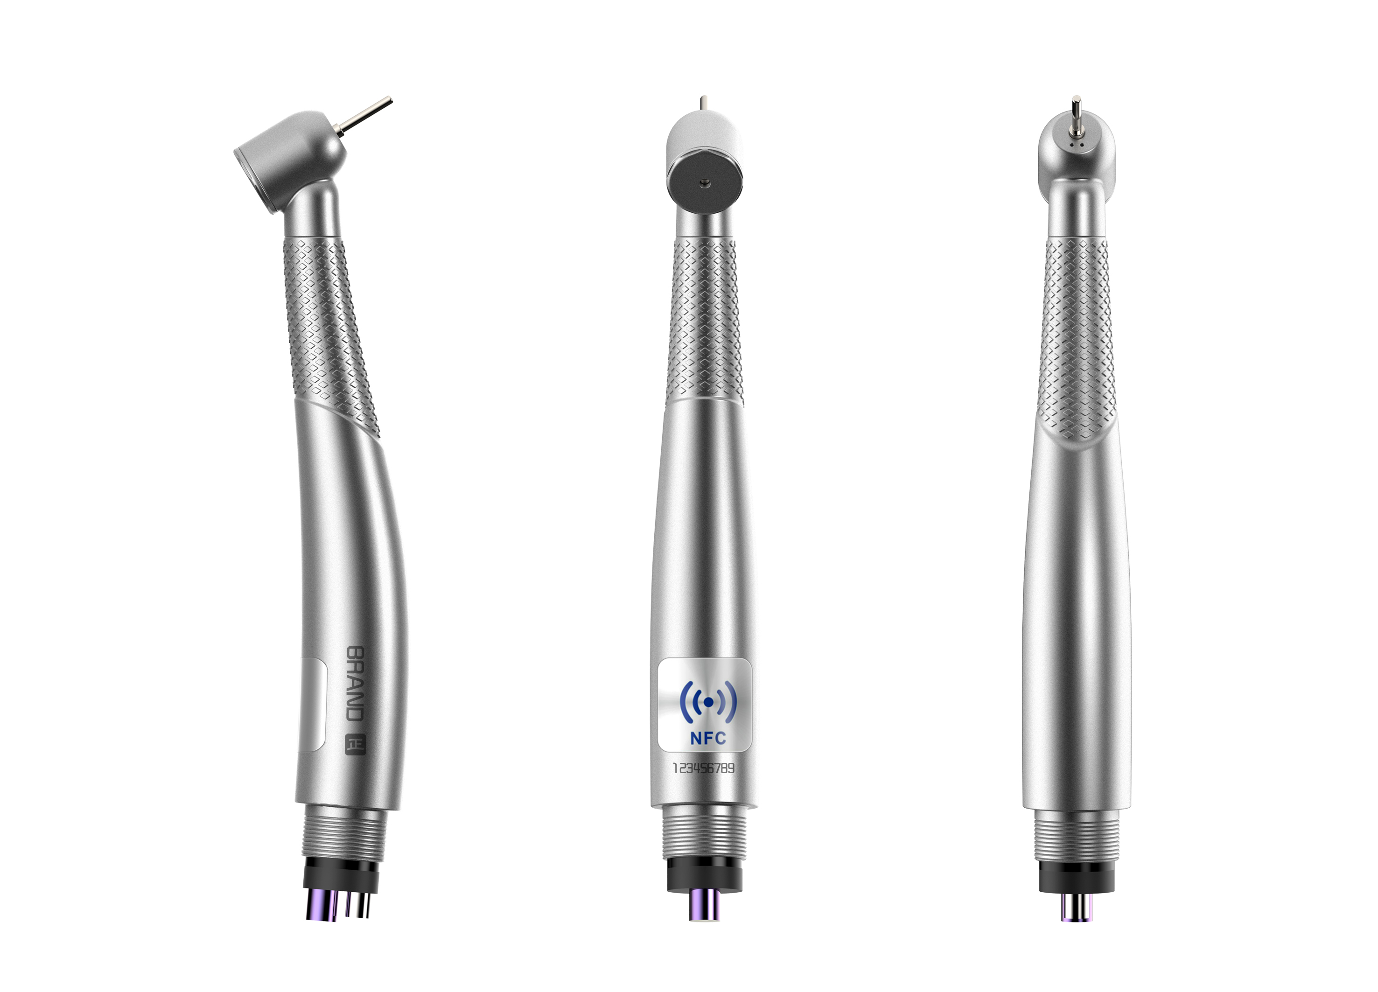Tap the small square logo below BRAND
point(356,745)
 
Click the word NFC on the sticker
point(708,738)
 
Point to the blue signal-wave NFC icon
point(708,702)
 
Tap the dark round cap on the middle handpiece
point(704,181)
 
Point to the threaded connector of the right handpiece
point(1076,835)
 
